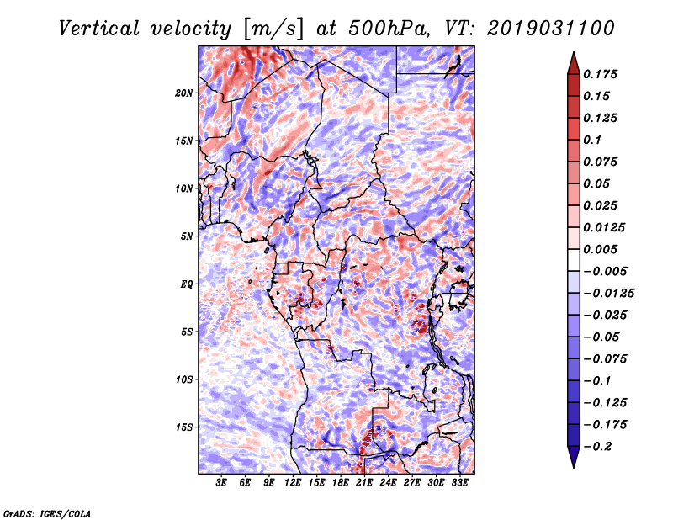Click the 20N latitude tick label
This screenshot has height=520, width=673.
[x=184, y=93]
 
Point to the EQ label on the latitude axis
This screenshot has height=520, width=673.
[x=187, y=284]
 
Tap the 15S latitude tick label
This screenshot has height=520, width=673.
[x=184, y=427]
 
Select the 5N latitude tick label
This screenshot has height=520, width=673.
[x=187, y=236]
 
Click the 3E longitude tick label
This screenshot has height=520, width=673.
[x=221, y=483]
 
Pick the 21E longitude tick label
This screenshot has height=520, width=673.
[x=364, y=483]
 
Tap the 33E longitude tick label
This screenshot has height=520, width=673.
[x=459, y=483]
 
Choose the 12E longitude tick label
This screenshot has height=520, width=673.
[x=293, y=483]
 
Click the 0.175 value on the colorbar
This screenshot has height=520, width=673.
[x=600, y=74]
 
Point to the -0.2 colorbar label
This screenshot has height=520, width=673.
[x=597, y=447]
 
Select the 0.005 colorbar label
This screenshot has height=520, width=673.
[x=600, y=249]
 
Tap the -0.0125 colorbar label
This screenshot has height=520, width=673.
[x=608, y=294]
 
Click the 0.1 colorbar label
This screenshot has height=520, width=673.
[x=592, y=140]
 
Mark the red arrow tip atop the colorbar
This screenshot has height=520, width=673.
[x=574, y=52]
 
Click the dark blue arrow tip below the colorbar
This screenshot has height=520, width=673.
[x=574, y=467]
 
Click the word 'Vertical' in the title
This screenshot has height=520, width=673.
[x=99, y=29]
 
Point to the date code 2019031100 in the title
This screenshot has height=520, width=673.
[x=551, y=29]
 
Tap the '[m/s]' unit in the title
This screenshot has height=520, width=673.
[x=273, y=29]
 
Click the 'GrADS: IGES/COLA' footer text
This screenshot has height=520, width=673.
[x=47, y=513]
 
